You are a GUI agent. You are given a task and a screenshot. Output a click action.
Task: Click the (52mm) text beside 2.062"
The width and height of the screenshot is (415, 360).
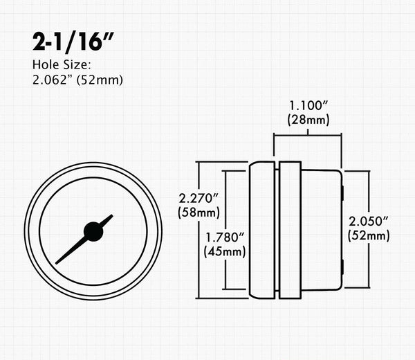point(101,80)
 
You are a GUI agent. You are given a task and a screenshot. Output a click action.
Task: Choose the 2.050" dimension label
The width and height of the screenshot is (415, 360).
point(369,222)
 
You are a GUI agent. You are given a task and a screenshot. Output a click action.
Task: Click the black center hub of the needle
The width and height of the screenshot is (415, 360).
point(93,231)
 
